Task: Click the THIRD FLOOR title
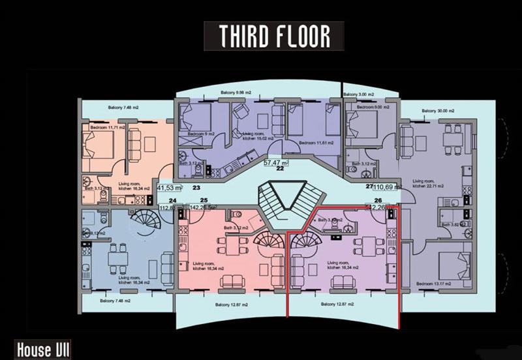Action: pos(273,37)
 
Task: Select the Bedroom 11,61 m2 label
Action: pos(316,142)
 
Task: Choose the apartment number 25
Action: pos(204,200)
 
